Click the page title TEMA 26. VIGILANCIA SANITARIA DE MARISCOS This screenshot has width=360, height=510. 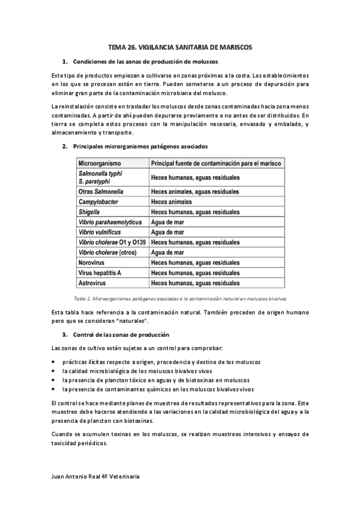[x=180, y=46]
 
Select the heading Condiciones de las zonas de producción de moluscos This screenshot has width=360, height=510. [x=145, y=62]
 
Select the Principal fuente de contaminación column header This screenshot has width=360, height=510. [x=216, y=163]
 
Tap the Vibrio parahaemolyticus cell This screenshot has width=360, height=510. [x=110, y=222]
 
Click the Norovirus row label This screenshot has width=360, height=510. [x=94, y=262]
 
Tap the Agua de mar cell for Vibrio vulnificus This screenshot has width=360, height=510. [x=168, y=232]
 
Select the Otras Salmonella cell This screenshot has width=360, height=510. [x=101, y=191]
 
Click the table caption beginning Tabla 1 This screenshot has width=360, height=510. [x=180, y=298]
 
